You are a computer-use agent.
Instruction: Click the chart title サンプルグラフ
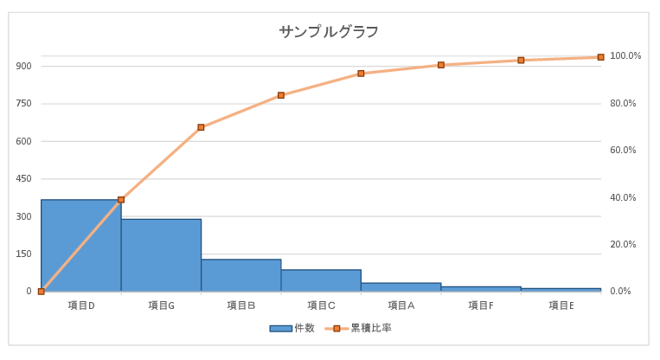pos(329,32)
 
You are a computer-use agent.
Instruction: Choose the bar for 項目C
pos(321,280)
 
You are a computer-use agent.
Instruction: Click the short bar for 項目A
pos(400,286)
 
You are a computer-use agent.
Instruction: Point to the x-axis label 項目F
pos(481,305)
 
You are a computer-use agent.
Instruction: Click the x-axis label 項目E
pos(561,305)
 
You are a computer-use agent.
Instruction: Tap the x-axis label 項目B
pos(240,305)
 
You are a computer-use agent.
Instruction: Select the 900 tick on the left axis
pos(23,67)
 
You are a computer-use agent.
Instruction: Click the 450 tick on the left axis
pos(23,179)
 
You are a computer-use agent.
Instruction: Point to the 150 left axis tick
pos(23,254)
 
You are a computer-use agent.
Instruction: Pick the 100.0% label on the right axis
pos(625,56)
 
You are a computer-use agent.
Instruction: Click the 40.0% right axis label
pos(624,198)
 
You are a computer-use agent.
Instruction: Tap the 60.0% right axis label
pos(624,151)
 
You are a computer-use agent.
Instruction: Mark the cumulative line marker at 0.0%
pos(41,292)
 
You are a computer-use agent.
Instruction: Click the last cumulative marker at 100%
pos(600,57)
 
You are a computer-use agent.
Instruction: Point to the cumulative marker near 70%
pos(201,127)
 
